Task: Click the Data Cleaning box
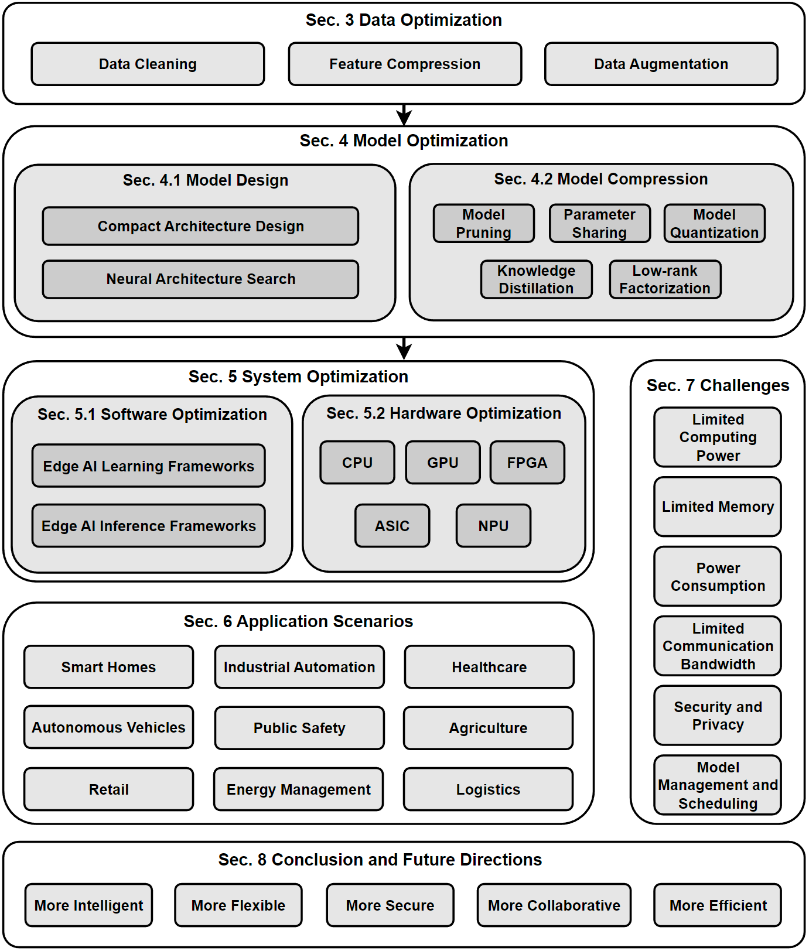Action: [148, 64]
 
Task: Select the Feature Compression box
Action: [405, 64]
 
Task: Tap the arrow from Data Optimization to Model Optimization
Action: [404, 115]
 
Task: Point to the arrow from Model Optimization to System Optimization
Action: [404, 348]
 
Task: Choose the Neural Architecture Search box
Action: [200, 279]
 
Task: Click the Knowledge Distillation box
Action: [536, 279]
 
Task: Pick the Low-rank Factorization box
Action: [665, 279]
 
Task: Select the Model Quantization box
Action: [714, 223]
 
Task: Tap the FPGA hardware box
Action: [527, 463]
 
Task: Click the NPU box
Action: [493, 526]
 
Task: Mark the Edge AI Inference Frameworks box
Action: [149, 526]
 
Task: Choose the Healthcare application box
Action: [489, 667]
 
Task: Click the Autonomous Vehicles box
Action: [108, 727]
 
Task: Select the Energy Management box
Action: [299, 789]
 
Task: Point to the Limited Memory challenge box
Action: [718, 507]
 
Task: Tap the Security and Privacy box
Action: [718, 716]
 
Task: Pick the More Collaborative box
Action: [554, 905]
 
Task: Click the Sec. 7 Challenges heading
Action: [718, 385]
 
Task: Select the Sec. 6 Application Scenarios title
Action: [298, 621]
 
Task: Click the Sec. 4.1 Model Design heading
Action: [205, 180]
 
